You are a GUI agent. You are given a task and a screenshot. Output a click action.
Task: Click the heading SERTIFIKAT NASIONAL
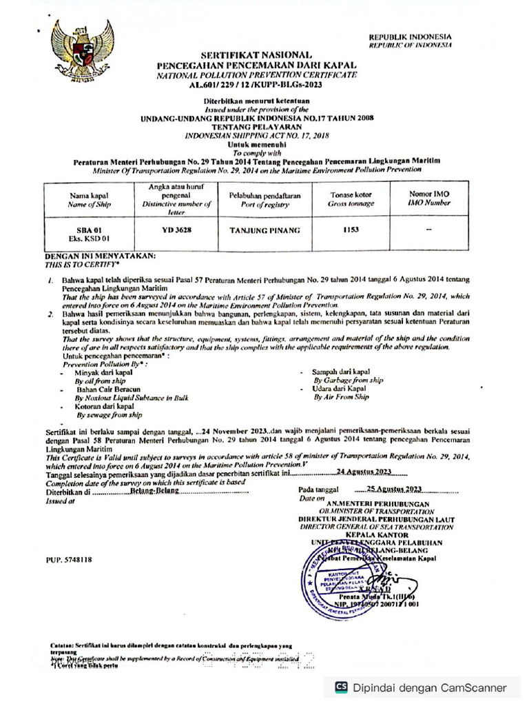pos(256,54)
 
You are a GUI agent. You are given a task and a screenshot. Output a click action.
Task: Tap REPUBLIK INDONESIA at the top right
pos(410,37)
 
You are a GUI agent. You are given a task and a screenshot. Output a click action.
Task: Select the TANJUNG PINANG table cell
pos(264,230)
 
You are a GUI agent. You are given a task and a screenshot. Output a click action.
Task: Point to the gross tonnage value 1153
pos(351,230)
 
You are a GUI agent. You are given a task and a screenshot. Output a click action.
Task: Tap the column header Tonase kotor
pos(351,195)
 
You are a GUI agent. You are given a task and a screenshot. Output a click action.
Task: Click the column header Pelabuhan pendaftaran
pos(264,196)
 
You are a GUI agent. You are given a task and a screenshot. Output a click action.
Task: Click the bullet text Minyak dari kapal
pos(103,372)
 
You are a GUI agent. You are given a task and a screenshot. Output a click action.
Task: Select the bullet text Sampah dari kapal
pos(341,372)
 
